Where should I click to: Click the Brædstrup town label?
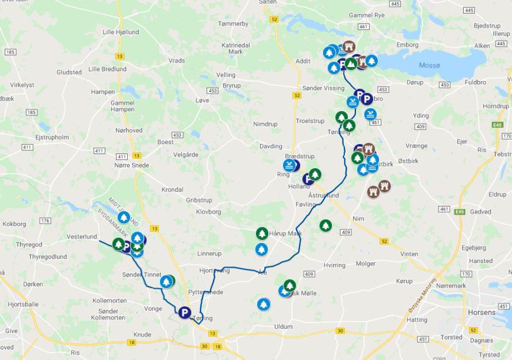point(300,156)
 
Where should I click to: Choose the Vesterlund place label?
point(81,236)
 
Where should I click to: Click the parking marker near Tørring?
point(185,312)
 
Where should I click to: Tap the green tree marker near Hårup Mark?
point(262,234)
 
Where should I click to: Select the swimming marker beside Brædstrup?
point(289,165)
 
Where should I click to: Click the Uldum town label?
point(283,326)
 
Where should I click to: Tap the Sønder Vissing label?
point(323,88)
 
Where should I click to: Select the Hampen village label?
point(103,92)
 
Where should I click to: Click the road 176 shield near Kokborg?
point(45,221)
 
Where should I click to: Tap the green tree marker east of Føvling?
point(325,225)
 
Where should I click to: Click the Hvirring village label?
point(334,265)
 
